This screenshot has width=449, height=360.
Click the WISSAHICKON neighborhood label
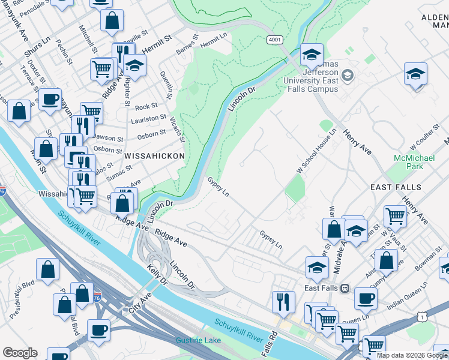[x=154, y=155]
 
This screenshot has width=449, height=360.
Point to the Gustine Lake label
[x=198, y=341]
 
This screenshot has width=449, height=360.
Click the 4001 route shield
[x=275, y=40]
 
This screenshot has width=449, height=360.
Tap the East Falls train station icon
[x=345, y=288]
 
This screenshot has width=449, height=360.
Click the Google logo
[x=20, y=352]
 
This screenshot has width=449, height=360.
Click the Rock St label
[x=146, y=107]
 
